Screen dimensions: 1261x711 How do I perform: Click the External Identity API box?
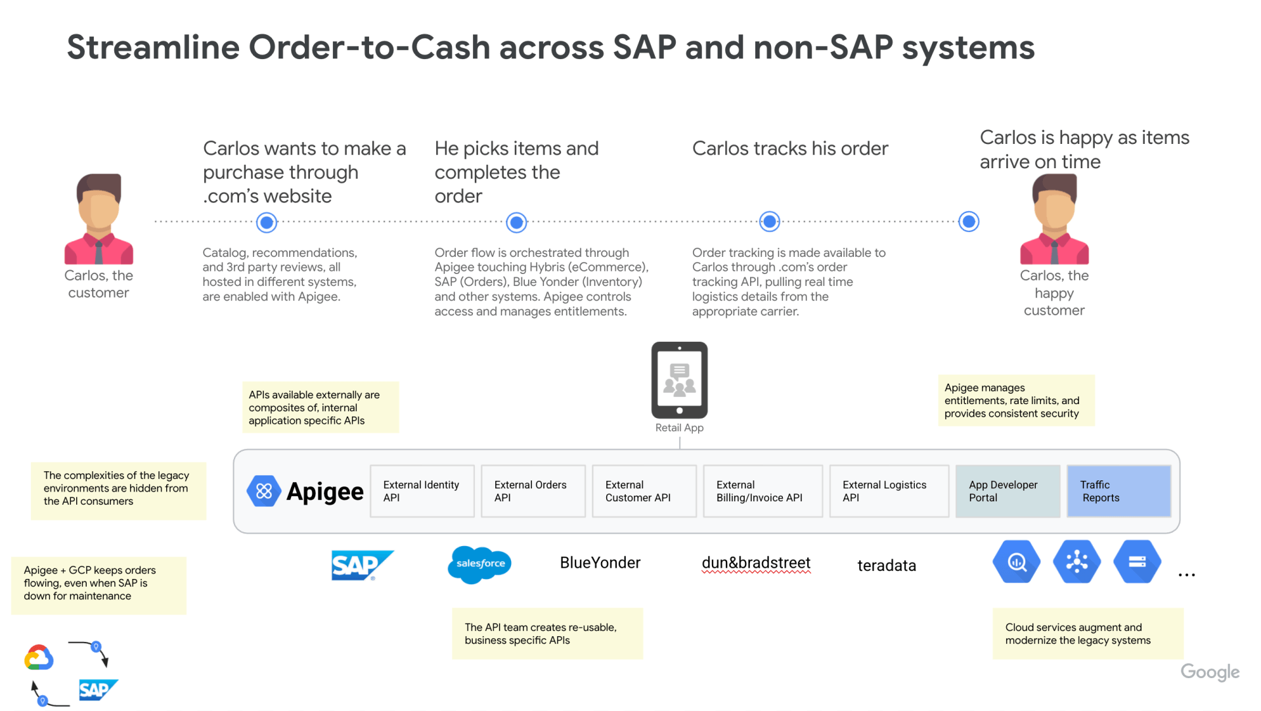tap(422, 491)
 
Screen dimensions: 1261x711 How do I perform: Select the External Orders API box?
tap(533, 491)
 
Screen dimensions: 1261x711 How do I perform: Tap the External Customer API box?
tap(644, 491)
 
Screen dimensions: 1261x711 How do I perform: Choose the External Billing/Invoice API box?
tap(763, 491)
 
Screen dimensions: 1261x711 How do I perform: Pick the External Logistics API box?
tap(889, 491)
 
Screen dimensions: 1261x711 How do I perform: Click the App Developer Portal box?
tap(1007, 491)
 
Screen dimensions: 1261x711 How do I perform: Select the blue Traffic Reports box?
tap(1118, 491)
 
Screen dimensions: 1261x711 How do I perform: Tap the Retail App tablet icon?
tap(679, 380)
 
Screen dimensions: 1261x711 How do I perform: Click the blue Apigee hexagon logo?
tap(263, 491)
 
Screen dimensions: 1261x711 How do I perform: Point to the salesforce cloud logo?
tap(479, 564)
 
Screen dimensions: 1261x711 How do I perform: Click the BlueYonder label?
tap(600, 562)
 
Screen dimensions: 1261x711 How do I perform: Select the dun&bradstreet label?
tap(756, 563)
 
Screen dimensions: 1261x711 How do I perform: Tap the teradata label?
tap(887, 565)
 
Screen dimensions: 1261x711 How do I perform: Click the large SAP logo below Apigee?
tap(362, 565)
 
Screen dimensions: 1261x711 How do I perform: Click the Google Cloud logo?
tap(39, 657)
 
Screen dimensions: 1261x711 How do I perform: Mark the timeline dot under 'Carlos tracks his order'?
tap(770, 221)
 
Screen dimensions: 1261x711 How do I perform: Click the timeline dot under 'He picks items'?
tap(517, 223)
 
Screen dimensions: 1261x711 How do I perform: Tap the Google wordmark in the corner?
tap(1210, 672)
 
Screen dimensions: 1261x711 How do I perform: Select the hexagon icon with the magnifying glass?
tap(1017, 562)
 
